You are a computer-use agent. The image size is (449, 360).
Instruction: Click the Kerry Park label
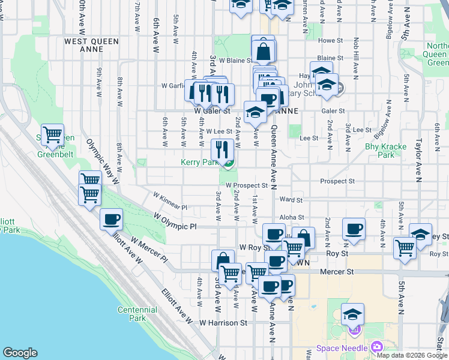click(x=199, y=163)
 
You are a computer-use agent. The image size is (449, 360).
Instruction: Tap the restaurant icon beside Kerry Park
click(x=223, y=149)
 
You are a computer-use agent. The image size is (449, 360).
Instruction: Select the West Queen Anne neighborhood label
click(x=91, y=41)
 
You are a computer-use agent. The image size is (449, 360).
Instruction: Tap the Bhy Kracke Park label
click(x=385, y=151)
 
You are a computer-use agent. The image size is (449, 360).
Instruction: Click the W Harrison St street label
click(x=223, y=322)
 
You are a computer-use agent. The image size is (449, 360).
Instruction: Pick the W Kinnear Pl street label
click(x=170, y=201)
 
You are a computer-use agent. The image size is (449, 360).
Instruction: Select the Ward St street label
click(x=290, y=200)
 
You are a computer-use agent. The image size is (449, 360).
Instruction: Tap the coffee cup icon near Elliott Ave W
click(x=112, y=220)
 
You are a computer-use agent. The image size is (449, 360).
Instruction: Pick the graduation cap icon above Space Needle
click(x=352, y=314)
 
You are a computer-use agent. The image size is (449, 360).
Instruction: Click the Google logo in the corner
click(x=20, y=353)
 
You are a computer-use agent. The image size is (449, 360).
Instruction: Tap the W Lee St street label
click(x=218, y=131)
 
